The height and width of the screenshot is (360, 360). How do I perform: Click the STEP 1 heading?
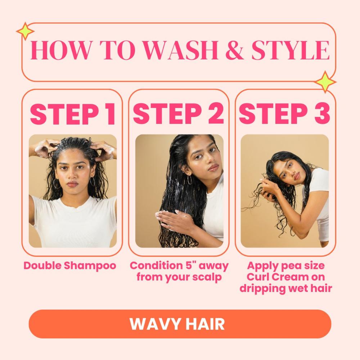[x=72, y=114]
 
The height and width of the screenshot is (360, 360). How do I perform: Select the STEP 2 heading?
[x=179, y=114]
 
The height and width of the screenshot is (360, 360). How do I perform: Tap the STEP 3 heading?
[x=285, y=114]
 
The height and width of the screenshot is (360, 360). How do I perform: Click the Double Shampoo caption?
[x=70, y=266]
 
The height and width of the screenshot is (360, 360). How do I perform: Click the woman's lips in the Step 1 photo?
[x=72, y=184]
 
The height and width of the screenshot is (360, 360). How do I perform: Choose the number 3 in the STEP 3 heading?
[x=321, y=114]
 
